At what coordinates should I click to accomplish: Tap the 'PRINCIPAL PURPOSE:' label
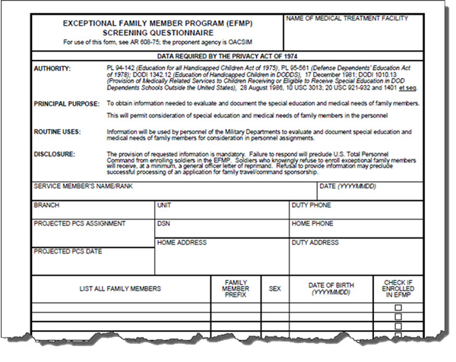pos(66,102)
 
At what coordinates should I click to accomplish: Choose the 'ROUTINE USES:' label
pos(58,131)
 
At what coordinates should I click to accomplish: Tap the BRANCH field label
pos(46,206)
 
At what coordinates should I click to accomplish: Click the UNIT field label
pos(164,206)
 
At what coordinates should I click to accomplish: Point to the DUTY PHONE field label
pos(312,206)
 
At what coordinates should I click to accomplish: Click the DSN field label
pos(163,224)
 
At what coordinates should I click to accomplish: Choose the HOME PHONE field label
pos(312,224)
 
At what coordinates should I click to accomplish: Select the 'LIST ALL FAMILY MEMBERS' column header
pos(120,288)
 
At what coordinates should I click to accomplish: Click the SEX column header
pos(275,288)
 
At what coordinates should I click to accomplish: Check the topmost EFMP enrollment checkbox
pos(398,307)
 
